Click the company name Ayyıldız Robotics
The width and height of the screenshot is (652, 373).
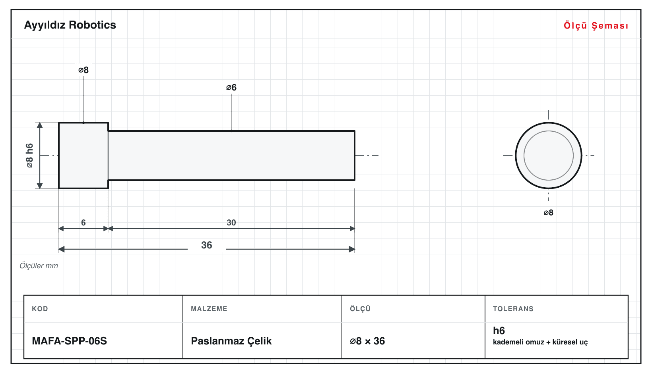coord(70,25)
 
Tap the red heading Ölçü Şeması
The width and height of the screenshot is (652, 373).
coord(596,25)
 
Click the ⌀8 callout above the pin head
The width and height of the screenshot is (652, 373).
coord(83,70)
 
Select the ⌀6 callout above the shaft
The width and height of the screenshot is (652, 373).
coord(231,87)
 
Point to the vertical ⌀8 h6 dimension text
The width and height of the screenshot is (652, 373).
coord(30,156)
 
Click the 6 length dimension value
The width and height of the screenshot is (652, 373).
coord(83,223)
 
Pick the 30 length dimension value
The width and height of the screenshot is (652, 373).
coord(231,223)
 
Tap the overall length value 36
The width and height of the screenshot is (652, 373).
coord(207,245)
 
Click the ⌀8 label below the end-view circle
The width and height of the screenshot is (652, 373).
coord(549,213)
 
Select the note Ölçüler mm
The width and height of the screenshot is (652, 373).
coord(39,266)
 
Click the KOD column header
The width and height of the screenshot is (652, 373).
coord(40,308)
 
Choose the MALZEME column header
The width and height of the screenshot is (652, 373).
coord(209,308)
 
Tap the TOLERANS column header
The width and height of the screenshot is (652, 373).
coord(513,308)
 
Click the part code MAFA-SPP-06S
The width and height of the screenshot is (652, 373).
coord(69,341)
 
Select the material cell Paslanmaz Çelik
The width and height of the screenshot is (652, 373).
coord(231,341)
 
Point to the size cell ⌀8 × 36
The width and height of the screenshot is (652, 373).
coord(367,341)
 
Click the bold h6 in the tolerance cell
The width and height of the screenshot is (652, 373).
coord(499,331)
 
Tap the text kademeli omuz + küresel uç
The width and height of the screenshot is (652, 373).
coord(540,342)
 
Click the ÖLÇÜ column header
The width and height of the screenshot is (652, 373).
coord(360,308)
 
